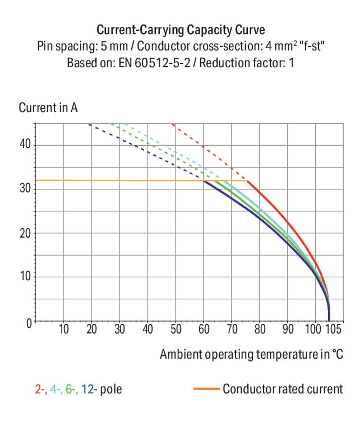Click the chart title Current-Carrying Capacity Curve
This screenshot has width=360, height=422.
(x=181, y=30)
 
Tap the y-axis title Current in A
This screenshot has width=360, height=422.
(x=48, y=108)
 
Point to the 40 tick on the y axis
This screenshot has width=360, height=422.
(x=25, y=145)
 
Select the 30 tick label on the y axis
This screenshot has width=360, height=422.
(x=25, y=189)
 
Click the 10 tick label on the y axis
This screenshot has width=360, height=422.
(x=25, y=277)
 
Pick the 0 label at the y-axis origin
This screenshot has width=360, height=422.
(x=28, y=322)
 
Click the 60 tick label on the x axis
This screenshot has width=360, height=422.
(x=204, y=329)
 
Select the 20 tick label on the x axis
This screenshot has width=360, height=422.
(x=92, y=329)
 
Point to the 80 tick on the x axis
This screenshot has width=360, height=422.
(x=260, y=329)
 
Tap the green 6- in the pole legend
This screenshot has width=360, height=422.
(x=71, y=389)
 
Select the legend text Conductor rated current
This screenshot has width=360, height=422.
(x=283, y=389)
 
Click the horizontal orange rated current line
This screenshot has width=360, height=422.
(x=112, y=180)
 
